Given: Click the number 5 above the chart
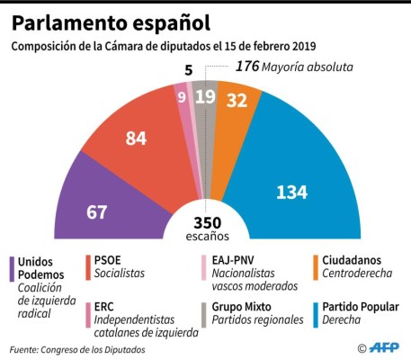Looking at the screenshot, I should [189, 68].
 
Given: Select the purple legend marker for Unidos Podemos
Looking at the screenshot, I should [11, 266].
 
